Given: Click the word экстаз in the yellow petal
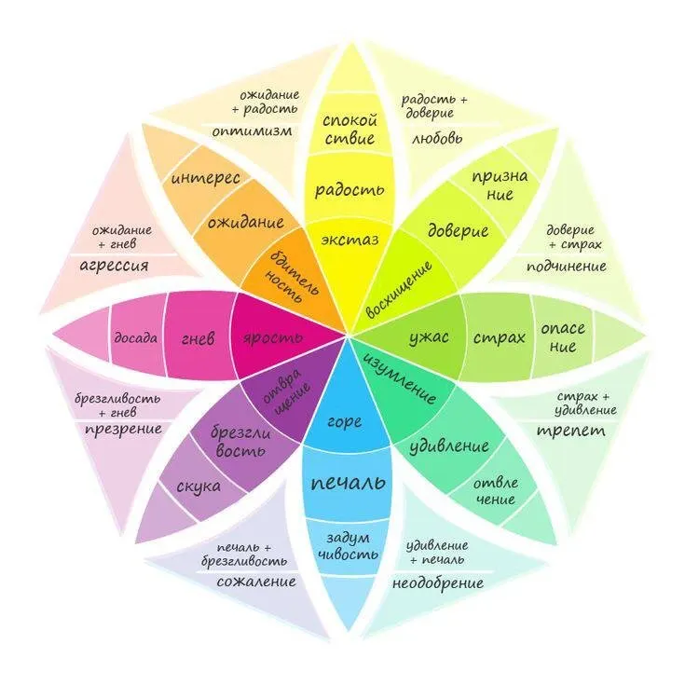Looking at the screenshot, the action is tap(349, 240).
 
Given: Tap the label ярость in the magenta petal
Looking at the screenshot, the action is tap(273, 338).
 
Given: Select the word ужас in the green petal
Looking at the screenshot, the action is tap(429, 338).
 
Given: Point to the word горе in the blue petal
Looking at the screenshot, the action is tap(344, 421).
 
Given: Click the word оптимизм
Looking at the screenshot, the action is tap(252, 131).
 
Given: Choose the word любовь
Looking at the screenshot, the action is tap(437, 139).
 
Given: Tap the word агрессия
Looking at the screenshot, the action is tap(114, 267).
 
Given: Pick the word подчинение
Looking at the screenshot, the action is tap(566, 267).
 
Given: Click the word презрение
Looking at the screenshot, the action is tap(123, 430).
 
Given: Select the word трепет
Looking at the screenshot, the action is tap(571, 432).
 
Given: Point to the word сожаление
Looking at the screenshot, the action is tap(256, 582).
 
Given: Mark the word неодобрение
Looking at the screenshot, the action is tap(438, 583).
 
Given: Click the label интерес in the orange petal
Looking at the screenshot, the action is tap(206, 178).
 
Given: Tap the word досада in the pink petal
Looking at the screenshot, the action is tap(135, 338).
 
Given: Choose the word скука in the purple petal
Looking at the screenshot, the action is tap(199, 487).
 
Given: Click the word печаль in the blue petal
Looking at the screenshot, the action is tap(349, 483).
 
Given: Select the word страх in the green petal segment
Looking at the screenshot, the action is tap(500, 337).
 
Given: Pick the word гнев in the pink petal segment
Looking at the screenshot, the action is tap(198, 339).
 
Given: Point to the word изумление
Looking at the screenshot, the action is tap(400, 379).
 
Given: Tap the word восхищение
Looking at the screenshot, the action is tap(399, 290).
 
